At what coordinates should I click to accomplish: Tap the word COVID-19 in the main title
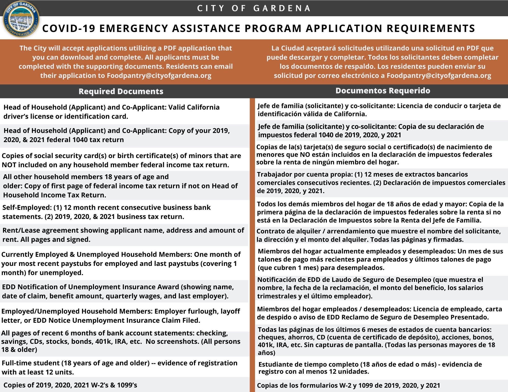[x=69, y=28]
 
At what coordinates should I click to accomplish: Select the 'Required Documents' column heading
[x=121, y=91]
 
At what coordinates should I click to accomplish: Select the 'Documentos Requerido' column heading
[x=383, y=91]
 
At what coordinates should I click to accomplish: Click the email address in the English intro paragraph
[x=159, y=76]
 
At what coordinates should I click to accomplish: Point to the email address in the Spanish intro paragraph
[x=439, y=76]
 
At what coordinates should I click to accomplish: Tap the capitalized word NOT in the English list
[x=9, y=165]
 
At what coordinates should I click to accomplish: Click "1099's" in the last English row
[x=127, y=385]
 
